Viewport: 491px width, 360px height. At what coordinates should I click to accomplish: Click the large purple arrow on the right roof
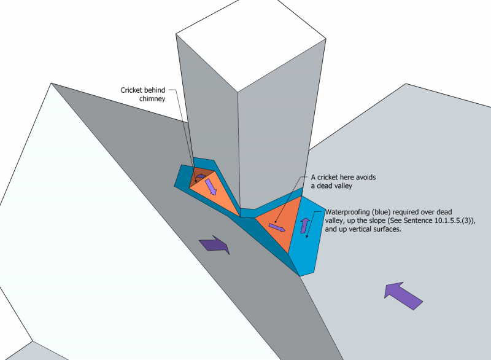coord(403,294)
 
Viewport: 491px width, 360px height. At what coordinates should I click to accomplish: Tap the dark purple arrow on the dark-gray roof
coord(215,245)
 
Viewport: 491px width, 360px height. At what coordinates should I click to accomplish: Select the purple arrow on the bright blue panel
coord(305,225)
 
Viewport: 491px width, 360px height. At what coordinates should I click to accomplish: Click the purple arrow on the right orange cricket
coord(277,228)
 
